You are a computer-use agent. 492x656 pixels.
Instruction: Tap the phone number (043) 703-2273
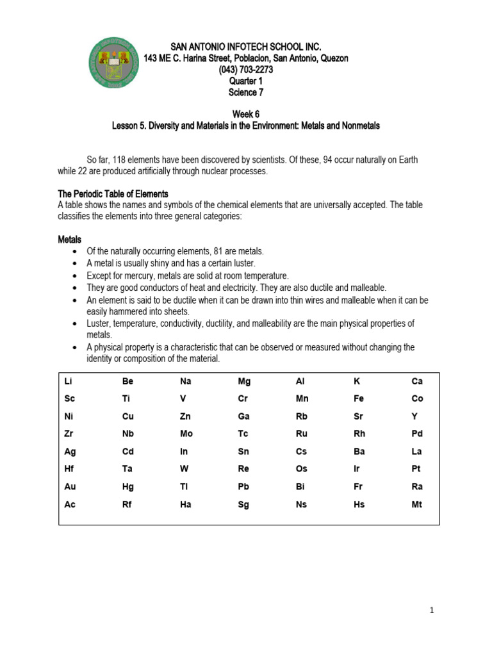pos(246,70)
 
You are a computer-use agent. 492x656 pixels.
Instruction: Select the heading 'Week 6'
pos(246,115)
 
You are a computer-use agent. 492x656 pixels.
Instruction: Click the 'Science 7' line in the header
pos(246,92)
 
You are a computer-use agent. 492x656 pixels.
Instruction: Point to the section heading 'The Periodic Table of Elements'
pos(113,194)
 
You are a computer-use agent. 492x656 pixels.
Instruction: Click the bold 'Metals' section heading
pos(70,240)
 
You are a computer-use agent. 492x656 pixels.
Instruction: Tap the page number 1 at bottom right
pos(432,611)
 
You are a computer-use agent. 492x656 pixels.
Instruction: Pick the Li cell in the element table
pos(69,381)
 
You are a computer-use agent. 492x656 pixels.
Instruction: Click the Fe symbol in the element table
pos(359,398)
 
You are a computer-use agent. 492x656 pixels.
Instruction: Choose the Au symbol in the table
pos(70,487)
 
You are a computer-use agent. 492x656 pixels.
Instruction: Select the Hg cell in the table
pos(128,487)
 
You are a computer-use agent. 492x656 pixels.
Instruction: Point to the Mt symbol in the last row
pos(416,505)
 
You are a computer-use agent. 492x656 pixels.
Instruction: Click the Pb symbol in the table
pos(243,487)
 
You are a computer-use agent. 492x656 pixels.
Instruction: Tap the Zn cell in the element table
pos(186,416)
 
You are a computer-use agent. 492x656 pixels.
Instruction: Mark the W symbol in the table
pos(184,469)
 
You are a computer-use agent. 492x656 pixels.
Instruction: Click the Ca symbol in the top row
pos(417,381)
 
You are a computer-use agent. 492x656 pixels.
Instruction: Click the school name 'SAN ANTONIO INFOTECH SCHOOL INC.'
pos(246,47)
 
